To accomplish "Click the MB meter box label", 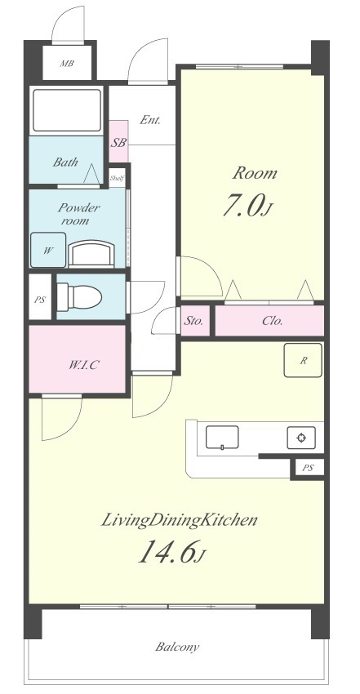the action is pyautogui.click(x=67, y=64).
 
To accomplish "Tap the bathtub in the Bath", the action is pyautogui.click(x=67, y=111).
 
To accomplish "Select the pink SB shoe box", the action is pyautogui.click(x=118, y=141).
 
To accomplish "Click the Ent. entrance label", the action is pyautogui.click(x=150, y=119).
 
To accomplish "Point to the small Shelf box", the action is pyautogui.click(x=118, y=178).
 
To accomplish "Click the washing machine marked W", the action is pyautogui.click(x=48, y=250).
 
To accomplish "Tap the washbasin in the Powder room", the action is pyautogui.click(x=92, y=254).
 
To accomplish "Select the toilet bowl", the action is pyautogui.click(x=80, y=297).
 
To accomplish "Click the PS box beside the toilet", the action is pyautogui.click(x=40, y=299).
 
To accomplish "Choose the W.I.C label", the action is pyautogui.click(x=83, y=365).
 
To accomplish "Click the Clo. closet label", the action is pyautogui.click(x=272, y=321).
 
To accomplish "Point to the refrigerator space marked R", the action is pyautogui.click(x=303, y=360).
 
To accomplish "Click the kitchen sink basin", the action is pyautogui.click(x=222, y=437).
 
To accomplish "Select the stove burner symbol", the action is pyautogui.click(x=301, y=438).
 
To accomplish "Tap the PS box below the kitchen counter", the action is pyautogui.click(x=308, y=468).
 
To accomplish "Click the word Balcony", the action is pyautogui.click(x=177, y=647).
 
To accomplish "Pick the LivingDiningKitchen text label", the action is pyautogui.click(x=179, y=520).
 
